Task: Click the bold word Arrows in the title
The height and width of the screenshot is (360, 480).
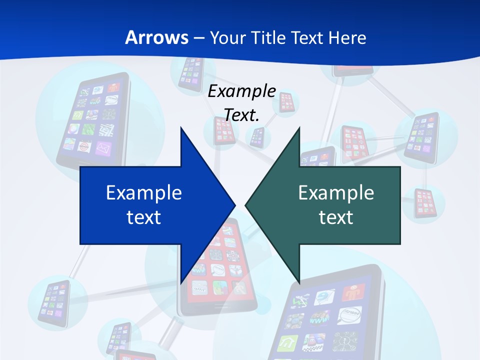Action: point(157,37)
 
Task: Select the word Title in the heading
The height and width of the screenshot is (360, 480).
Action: point(270,37)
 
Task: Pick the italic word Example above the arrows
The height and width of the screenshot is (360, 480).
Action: point(242,91)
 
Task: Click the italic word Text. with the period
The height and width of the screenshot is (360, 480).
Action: point(242,115)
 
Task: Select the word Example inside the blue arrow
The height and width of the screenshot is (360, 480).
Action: point(144,192)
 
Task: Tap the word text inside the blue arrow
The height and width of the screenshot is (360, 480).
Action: point(144,217)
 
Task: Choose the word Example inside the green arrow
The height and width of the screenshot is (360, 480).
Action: point(336,192)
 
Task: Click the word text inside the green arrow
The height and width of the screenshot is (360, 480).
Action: point(336,217)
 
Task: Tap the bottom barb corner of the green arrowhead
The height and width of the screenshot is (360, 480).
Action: point(299,282)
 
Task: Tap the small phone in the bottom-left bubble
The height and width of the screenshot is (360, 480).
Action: point(52,302)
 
